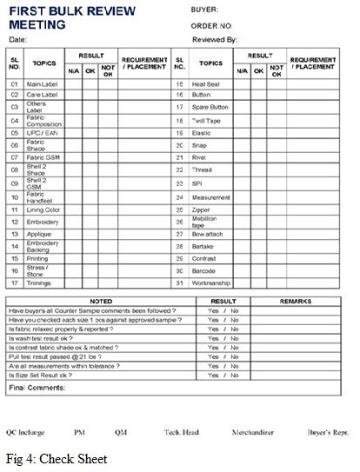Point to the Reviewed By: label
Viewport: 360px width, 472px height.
coord(213,39)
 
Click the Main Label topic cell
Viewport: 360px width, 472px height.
coord(40,84)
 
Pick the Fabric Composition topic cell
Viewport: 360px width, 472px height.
coord(40,120)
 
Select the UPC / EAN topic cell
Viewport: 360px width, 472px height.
coord(39,133)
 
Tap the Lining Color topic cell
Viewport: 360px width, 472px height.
coord(42,209)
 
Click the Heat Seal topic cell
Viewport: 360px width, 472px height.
coord(205,84)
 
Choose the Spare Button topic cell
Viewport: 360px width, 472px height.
coord(210,107)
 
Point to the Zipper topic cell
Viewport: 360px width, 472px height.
coord(202,209)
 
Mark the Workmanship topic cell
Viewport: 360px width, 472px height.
coord(210,283)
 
